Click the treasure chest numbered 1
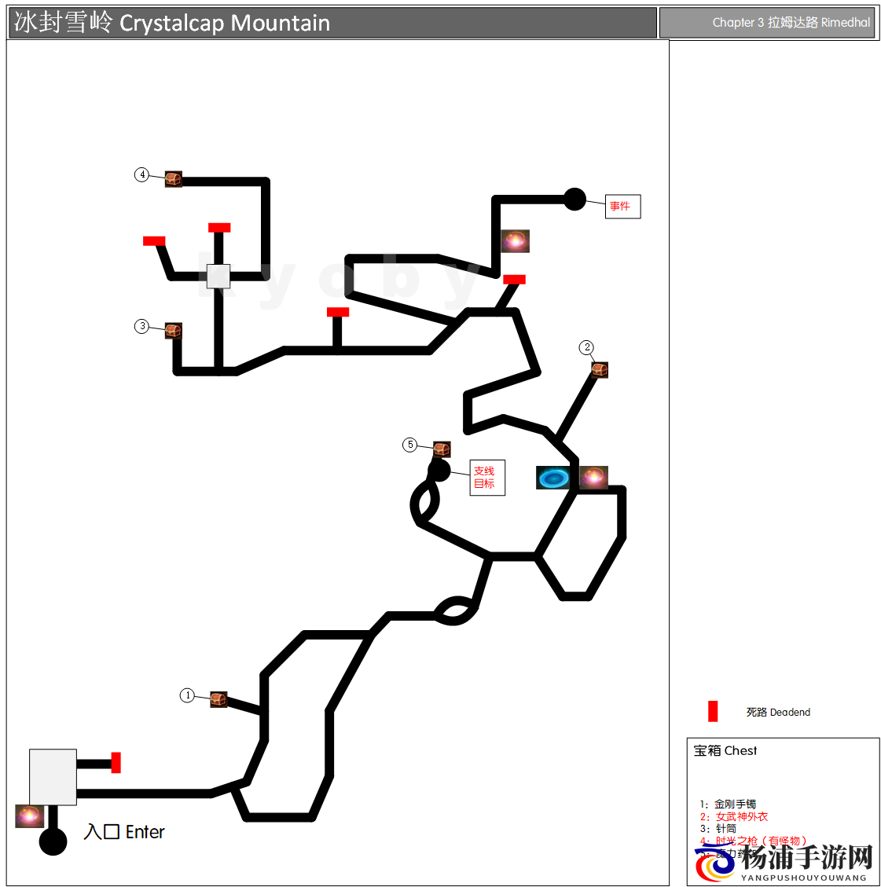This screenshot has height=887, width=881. point(218,699)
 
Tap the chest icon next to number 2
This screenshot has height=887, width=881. point(600,369)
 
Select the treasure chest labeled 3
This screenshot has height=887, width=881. point(174,331)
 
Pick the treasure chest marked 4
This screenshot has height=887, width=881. point(174,179)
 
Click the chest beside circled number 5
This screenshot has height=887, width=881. point(442,449)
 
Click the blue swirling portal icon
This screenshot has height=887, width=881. point(554,478)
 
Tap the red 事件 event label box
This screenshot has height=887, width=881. point(622,207)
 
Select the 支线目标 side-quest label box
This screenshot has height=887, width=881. point(487,478)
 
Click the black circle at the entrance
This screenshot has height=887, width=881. point(53,841)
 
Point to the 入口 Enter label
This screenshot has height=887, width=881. point(124,832)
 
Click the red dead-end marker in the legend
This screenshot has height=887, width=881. point(713,711)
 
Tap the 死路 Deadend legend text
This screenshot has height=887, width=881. point(778,713)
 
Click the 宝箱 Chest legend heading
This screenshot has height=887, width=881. point(725,751)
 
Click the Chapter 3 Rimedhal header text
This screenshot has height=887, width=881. point(791,23)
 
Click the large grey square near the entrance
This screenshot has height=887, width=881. point(53,777)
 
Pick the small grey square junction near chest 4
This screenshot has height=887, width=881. point(218,277)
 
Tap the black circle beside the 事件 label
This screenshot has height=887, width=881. point(575,200)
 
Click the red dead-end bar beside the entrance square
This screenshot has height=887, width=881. point(116,762)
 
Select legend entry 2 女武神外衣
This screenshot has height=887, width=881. point(734,817)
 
